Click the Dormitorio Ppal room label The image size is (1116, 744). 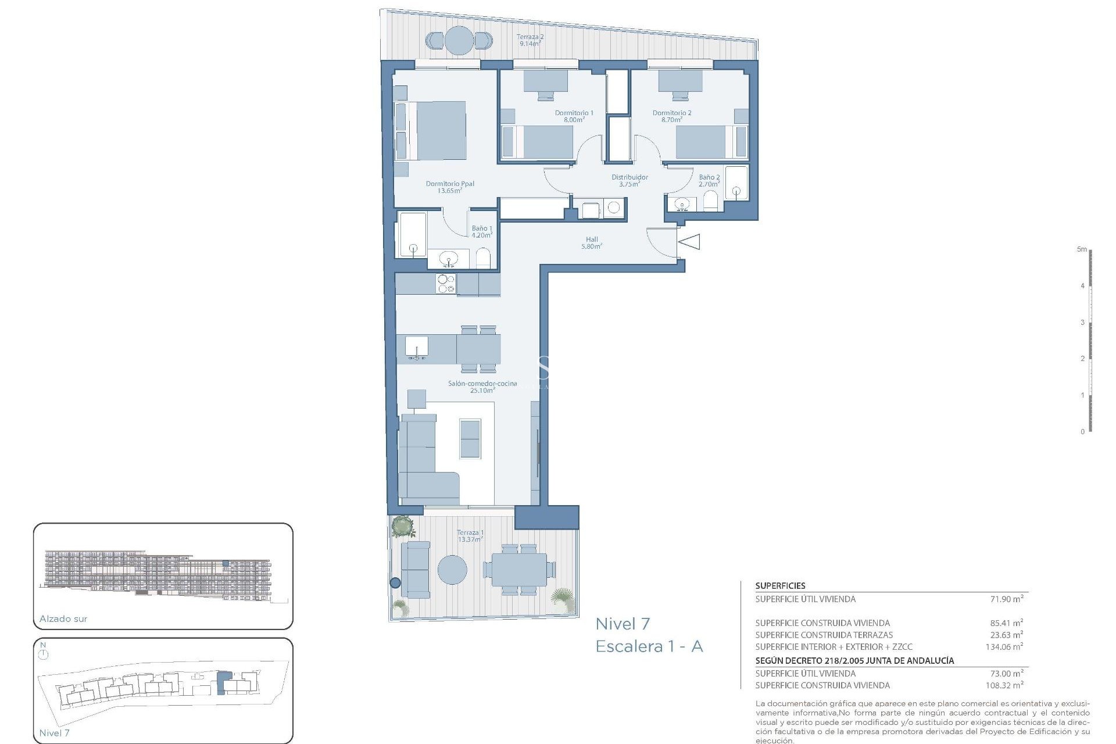click(x=450, y=187)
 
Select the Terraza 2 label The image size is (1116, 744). click(x=530, y=40)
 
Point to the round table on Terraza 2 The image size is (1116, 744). click(x=459, y=40)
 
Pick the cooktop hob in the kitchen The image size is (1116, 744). click(x=446, y=284)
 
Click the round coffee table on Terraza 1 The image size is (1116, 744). click(x=452, y=570)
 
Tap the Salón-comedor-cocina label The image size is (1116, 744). click(x=482, y=387)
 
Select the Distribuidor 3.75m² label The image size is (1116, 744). click(x=629, y=180)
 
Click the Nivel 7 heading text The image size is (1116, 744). click(x=623, y=624)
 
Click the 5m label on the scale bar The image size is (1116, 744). click(x=1081, y=249)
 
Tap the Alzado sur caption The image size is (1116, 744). click(x=63, y=619)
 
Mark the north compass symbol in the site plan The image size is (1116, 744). click(x=44, y=654)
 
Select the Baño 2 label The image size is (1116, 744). click(x=709, y=180)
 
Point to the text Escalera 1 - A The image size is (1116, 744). click(x=649, y=647)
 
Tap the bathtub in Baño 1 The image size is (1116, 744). click(x=412, y=234)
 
